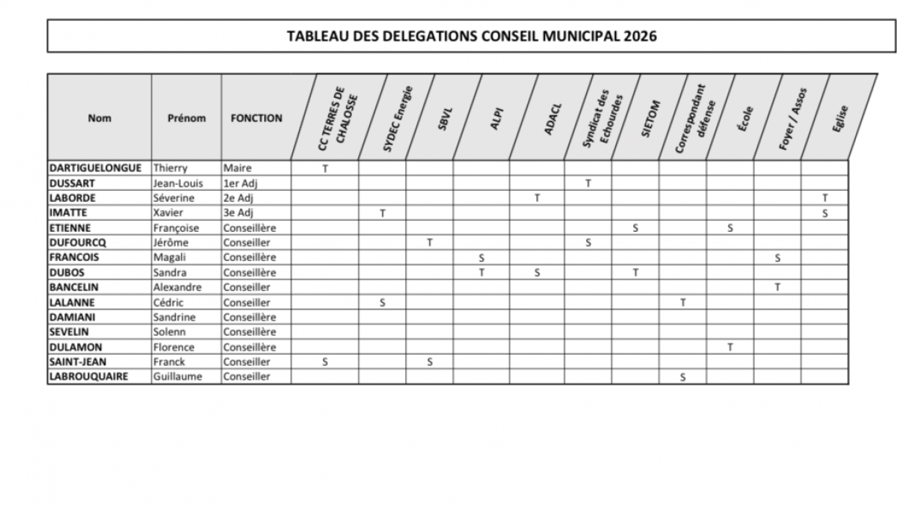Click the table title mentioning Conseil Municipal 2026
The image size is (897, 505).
(472, 36)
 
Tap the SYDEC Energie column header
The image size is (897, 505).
(397, 118)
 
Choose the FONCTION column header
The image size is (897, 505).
(256, 118)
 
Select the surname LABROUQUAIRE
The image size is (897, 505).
(88, 377)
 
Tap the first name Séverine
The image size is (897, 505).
(173, 198)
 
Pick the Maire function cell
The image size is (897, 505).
(238, 168)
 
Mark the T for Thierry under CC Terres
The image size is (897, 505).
(325, 168)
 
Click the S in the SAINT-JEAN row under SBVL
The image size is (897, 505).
(430, 362)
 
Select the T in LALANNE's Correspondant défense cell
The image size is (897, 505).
(682, 302)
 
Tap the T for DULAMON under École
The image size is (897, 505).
(730, 347)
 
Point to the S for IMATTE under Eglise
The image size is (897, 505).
(824, 213)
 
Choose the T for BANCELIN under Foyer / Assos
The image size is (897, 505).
(777, 287)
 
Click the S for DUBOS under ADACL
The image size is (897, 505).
(537, 272)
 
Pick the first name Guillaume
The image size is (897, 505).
(177, 377)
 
